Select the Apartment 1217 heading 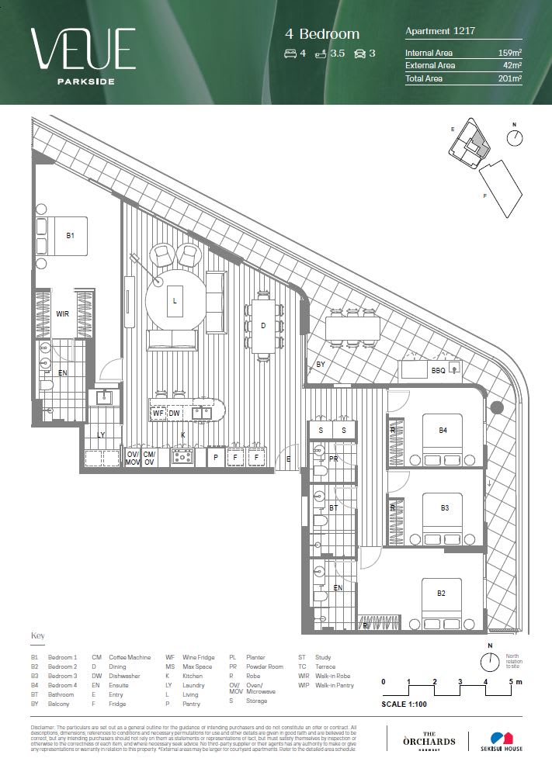click(440, 31)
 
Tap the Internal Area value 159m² click(509, 54)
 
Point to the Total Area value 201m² click(509, 78)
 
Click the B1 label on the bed click(70, 234)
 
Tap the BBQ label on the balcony click(438, 371)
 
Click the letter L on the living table click(175, 300)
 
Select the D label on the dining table click(263, 326)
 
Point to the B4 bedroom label click(443, 431)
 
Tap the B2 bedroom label click(441, 594)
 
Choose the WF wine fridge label click(158, 414)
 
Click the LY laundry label click(101, 434)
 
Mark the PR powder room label click(333, 459)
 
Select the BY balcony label click(320, 364)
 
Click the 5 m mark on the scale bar click(512, 682)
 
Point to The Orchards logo click(428, 739)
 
